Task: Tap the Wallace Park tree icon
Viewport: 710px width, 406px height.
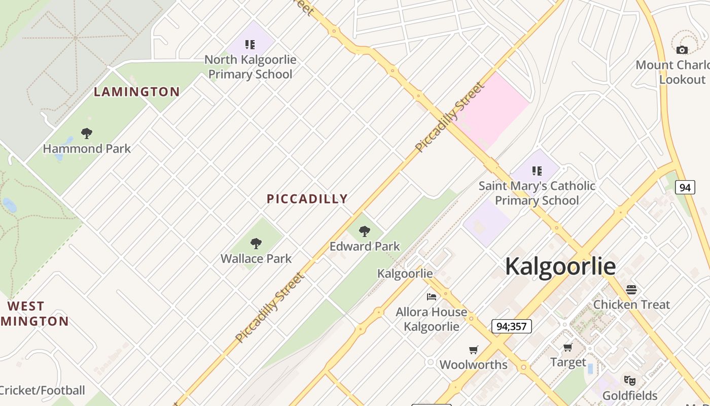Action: [x=256, y=244]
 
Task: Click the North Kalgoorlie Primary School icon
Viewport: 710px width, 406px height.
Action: [x=250, y=45]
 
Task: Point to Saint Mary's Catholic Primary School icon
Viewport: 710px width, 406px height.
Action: [x=537, y=171]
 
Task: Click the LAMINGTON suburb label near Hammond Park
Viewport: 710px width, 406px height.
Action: [x=137, y=92]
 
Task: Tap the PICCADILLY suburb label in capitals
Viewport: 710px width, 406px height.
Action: [x=307, y=199]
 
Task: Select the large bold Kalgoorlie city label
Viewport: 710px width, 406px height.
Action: [x=560, y=266]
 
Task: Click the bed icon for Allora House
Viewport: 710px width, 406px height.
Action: [x=432, y=297]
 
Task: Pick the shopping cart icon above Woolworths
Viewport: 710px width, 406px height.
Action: [x=473, y=350]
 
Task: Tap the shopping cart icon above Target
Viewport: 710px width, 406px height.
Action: [x=567, y=348]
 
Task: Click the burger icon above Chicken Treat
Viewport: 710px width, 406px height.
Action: [x=631, y=290]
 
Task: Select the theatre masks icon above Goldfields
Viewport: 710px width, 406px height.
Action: [x=629, y=380]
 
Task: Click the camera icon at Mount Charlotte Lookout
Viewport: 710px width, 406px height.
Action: [x=682, y=50]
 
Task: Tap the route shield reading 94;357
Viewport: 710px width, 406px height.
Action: [x=511, y=326]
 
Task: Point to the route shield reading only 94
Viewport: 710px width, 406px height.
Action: [x=685, y=187]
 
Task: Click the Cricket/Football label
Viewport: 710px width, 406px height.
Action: [x=43, y=390]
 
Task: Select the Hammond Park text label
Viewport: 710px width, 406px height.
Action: [x=87, y=149]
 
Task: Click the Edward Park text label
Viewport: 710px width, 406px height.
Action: [x=365, y=247]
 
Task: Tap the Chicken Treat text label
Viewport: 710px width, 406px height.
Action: [x=631, y=304]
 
